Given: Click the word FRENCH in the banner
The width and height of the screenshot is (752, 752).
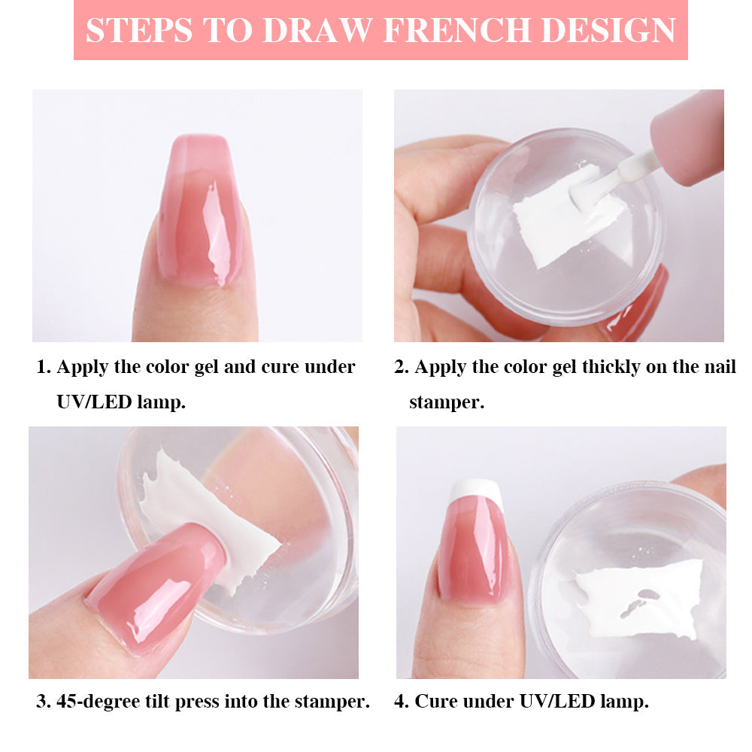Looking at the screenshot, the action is point(458,30).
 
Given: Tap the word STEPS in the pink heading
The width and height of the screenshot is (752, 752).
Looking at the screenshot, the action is point(138,30).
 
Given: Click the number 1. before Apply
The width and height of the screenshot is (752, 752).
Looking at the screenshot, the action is point(44,367).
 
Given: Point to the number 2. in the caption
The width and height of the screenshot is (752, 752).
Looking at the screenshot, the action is point(401,367).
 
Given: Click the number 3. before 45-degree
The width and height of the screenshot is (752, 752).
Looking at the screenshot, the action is point(44,701).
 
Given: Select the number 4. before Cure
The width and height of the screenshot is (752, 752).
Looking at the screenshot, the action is point(401,701).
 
